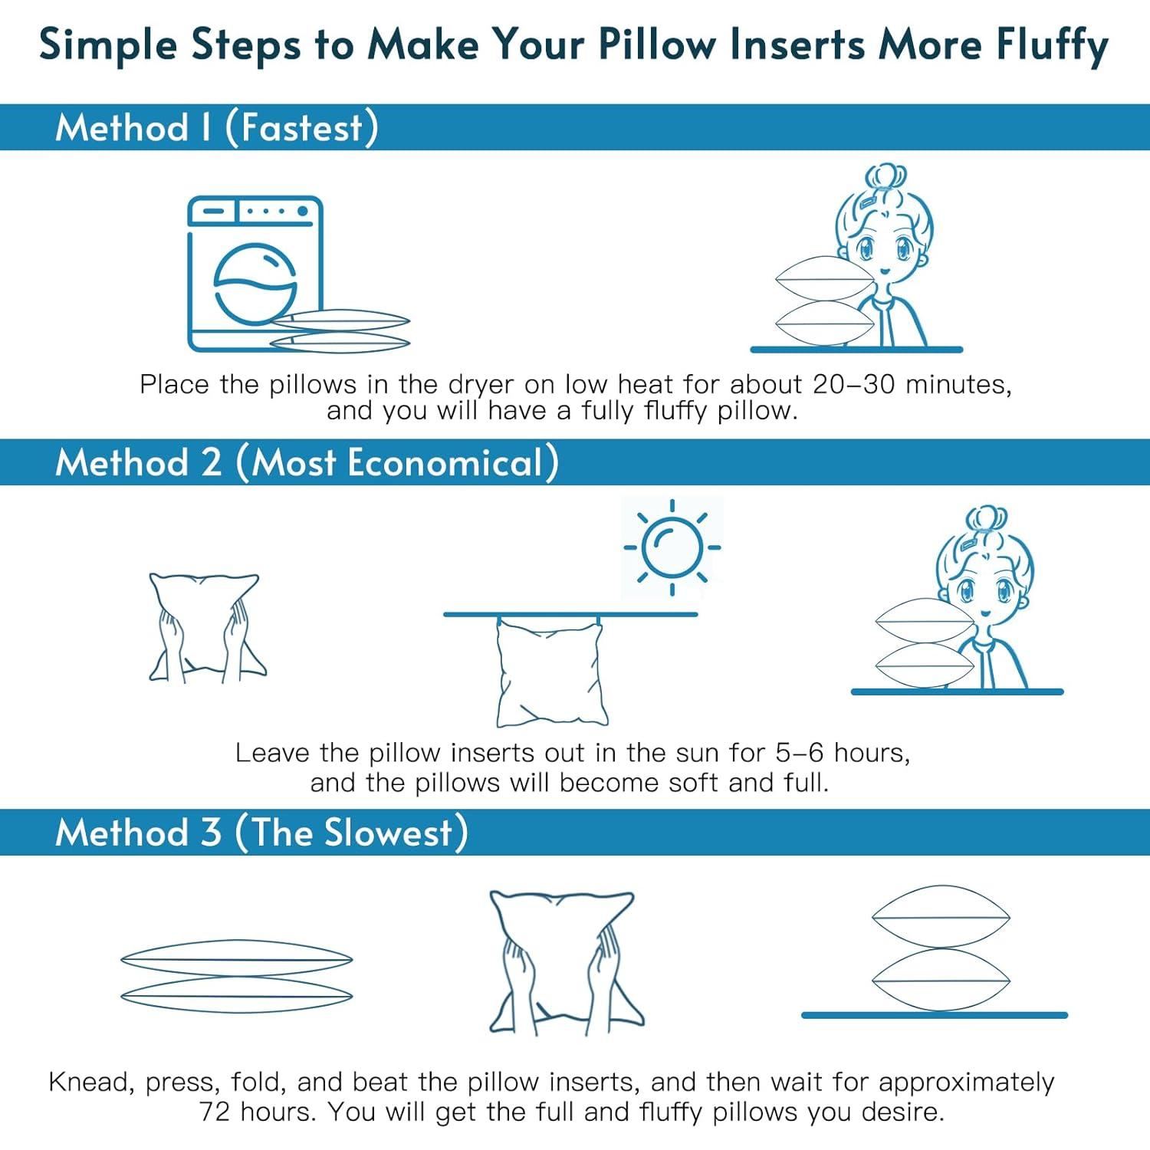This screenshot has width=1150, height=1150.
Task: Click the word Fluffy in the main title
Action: pos(1052,44)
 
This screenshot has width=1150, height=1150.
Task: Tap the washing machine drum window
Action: pos(255,284)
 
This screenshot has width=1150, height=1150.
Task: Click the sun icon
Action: pos(672,547)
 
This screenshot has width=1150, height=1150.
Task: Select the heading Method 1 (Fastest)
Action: pos(217,127)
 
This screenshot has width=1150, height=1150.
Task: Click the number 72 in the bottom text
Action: pos(215,1111)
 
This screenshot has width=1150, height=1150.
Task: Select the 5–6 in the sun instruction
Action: pos(800,752)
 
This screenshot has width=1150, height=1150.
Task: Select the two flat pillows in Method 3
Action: pos(236,976)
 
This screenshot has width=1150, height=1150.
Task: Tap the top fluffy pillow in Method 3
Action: pos(941,917)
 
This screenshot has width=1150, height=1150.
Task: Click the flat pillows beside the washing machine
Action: pos(340,331)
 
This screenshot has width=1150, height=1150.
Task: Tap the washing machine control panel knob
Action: pos(303,210)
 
